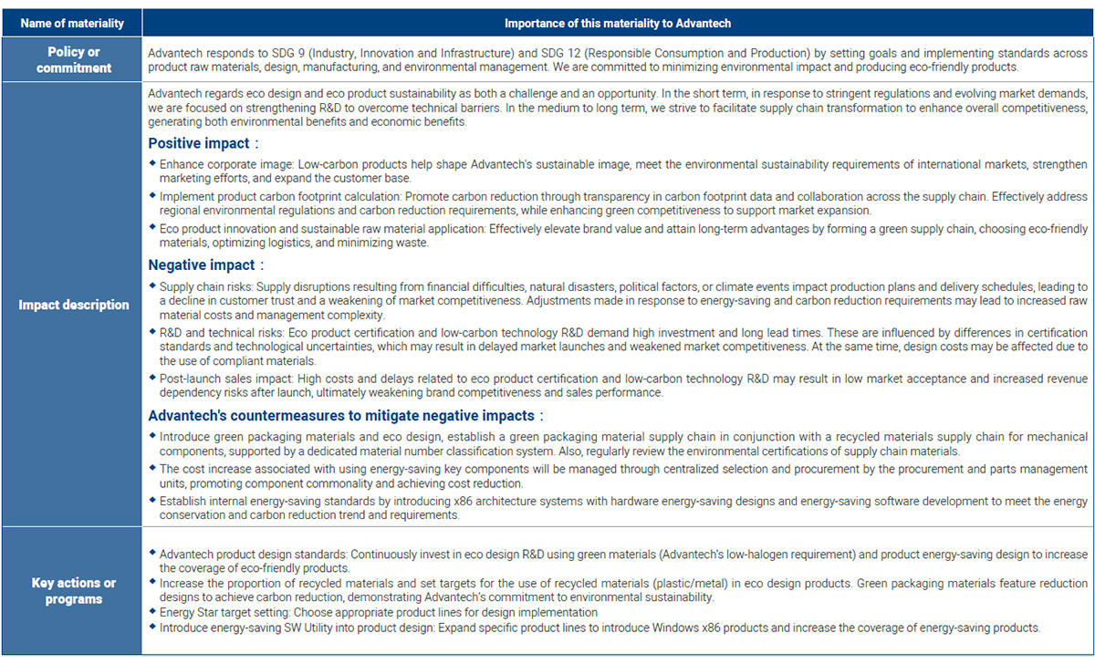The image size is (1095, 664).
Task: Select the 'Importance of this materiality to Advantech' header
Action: [617, 23]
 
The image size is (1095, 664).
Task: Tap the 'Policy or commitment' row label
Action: [74, 60]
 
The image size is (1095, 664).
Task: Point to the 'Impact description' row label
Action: [74, 305]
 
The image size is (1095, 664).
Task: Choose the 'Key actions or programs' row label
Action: [74, 591]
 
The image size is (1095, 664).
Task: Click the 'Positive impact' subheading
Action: [201, 143]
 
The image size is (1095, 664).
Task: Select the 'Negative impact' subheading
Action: [203, 265]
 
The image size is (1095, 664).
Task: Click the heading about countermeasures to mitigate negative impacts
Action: [341, 416]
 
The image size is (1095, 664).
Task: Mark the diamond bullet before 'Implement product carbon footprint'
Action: [152, 196]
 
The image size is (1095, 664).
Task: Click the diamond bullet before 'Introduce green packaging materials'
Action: [152, 436]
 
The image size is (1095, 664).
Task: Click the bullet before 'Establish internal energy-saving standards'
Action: [152, 501]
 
